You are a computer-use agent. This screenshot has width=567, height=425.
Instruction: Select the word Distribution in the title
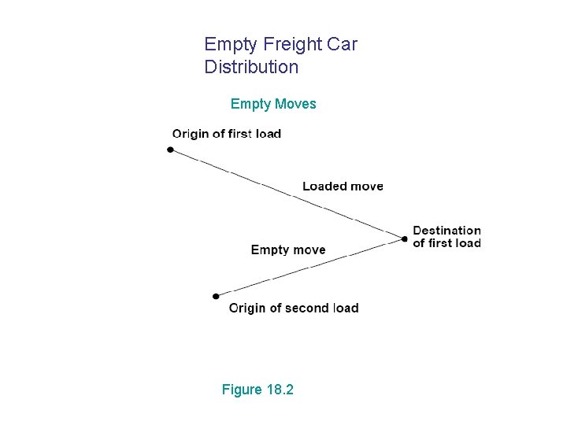[x=251, y=67]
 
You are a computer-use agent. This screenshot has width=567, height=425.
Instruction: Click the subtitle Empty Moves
[x=273, y=104]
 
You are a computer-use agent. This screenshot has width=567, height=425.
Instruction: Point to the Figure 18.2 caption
[x=258, y=389]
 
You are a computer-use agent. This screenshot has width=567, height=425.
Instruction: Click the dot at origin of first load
[x=170, y=150]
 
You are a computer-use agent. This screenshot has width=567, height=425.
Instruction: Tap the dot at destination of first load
[x=405, y=238]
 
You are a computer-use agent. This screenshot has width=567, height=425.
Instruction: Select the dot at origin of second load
[x=216, y=297]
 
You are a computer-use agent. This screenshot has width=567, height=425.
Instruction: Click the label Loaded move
[x=343, y=187]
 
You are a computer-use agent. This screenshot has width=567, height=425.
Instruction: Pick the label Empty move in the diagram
[x=287, y=250]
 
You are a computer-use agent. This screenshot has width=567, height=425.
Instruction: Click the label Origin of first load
[x=226, y=134]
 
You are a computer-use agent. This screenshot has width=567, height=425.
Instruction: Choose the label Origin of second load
[x=293, y=309]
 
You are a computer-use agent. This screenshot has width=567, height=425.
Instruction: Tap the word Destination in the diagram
[x=447, y=231]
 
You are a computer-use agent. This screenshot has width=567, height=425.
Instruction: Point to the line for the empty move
[x=310, y=267]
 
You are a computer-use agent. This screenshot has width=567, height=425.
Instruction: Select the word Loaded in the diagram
[x=322, y=187]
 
